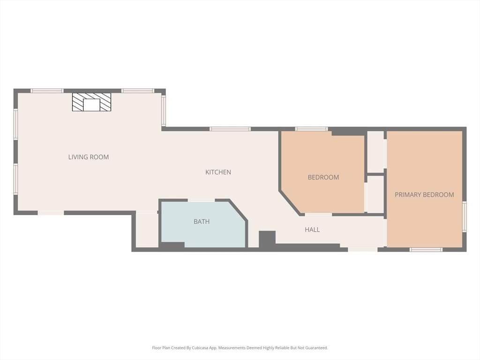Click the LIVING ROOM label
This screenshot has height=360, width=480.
pyautogui.click(x=89, y=157)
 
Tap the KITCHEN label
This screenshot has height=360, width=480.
pyautogui.click(x=218, y=172)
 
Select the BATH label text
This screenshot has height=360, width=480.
pyautogui.click(x=202, y=221)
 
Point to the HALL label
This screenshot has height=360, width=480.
pyautogui.click(x=312, y=229)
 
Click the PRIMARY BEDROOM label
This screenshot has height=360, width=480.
pyautogui.click(x=424, y=195)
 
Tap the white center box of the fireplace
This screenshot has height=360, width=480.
pyautogui.click(x=91, y=105)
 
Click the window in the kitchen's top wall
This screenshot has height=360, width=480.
pyautogui.click(x=230, y=129)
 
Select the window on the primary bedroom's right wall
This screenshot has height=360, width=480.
pyautogui.click(x=464, y=217)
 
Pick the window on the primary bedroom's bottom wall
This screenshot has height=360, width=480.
pyautogui.click(x=426, y=249)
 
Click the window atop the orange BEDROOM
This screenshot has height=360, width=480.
pyautogui.click(x=311, y=129)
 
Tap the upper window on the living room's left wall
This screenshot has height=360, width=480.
pyautogui.click(x=15, y=124)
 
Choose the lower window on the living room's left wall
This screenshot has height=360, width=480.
pyautogui.click(x=15, y=179)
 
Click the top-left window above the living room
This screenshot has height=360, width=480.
pyautogui.click(x=47, y=90)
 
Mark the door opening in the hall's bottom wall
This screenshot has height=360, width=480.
pyautogui.click(x=362, y=249)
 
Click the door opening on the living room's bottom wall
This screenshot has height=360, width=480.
pyautogui.click(x=51, y=213)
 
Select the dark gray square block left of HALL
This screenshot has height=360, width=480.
pyautogui.click(x=267, y=239)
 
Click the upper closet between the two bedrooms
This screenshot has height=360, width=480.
pyautogui.click(x=375, y=152)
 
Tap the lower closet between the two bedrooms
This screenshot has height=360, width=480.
pyautogui.click(x=375, y=195)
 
